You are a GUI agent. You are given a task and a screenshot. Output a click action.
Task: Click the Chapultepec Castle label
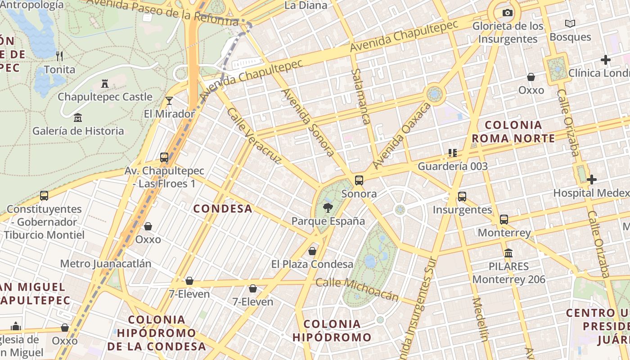(105, 97)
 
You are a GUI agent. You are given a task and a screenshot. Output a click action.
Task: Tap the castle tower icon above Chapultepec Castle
(105, 84)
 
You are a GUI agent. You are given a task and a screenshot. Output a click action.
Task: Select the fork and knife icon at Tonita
(59, 56)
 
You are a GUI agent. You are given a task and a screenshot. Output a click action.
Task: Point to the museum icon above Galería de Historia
(78, 117)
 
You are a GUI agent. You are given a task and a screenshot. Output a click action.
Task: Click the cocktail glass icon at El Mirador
(169, 100)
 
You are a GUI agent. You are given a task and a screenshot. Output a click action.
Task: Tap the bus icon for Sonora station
(359, 180)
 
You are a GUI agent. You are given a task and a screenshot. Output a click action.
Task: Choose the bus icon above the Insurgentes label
(462, 197)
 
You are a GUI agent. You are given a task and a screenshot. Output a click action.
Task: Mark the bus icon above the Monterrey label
(504, 220)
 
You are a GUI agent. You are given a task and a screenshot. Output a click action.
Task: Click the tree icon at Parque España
(328, 207)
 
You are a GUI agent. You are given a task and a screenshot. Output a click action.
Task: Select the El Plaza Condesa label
(312, 264)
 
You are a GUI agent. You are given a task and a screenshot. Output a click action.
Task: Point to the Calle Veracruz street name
(254, 135)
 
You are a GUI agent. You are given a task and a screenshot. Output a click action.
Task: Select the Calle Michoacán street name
(357, 289)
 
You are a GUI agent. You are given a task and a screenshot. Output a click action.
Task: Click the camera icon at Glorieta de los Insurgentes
(508, 13)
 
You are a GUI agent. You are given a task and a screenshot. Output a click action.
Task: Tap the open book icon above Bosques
(570, 23)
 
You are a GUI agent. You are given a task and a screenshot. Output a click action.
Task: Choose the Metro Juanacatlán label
(106, 264)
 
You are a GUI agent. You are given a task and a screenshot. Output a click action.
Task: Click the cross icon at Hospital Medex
(592, 180)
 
